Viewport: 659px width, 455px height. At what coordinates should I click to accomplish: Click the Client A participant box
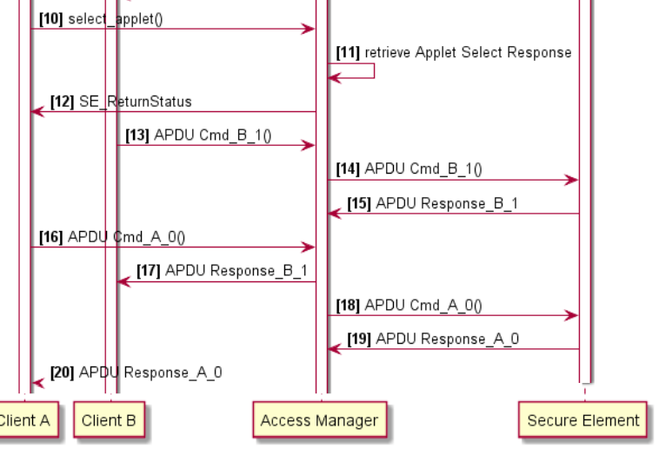click(24, 421)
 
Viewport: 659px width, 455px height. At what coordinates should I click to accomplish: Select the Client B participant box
click(109, 421)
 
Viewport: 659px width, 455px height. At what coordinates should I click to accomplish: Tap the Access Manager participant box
click(319, 421)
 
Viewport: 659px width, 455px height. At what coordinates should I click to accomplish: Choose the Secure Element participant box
click(583, 421)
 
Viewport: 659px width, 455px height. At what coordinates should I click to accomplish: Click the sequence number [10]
click(51, 18)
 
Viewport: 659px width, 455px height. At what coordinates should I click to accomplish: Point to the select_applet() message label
click(115, 18)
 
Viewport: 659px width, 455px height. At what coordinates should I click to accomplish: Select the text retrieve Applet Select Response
click(468, 52)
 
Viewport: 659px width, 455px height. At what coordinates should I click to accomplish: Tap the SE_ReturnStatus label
click(135, 102)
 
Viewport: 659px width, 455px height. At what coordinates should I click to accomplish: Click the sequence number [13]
click(137, 135)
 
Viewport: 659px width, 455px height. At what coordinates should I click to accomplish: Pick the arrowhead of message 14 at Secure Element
click(572, 180)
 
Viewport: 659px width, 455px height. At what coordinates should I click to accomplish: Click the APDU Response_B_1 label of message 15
click(447, 204)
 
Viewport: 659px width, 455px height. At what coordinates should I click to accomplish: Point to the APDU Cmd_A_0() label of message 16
click(126, 237)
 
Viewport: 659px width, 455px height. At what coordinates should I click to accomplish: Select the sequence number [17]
click(149, 271)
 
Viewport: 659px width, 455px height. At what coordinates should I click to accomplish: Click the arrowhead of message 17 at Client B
click(123, 281)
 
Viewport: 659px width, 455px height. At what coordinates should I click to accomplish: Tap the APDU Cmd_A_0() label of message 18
click(423, 305)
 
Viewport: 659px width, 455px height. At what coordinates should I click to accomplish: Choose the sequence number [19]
click(359, 339)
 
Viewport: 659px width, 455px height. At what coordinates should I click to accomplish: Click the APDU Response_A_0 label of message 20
click(150, 373)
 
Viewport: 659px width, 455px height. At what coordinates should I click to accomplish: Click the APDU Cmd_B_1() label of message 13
click(213, 135)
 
